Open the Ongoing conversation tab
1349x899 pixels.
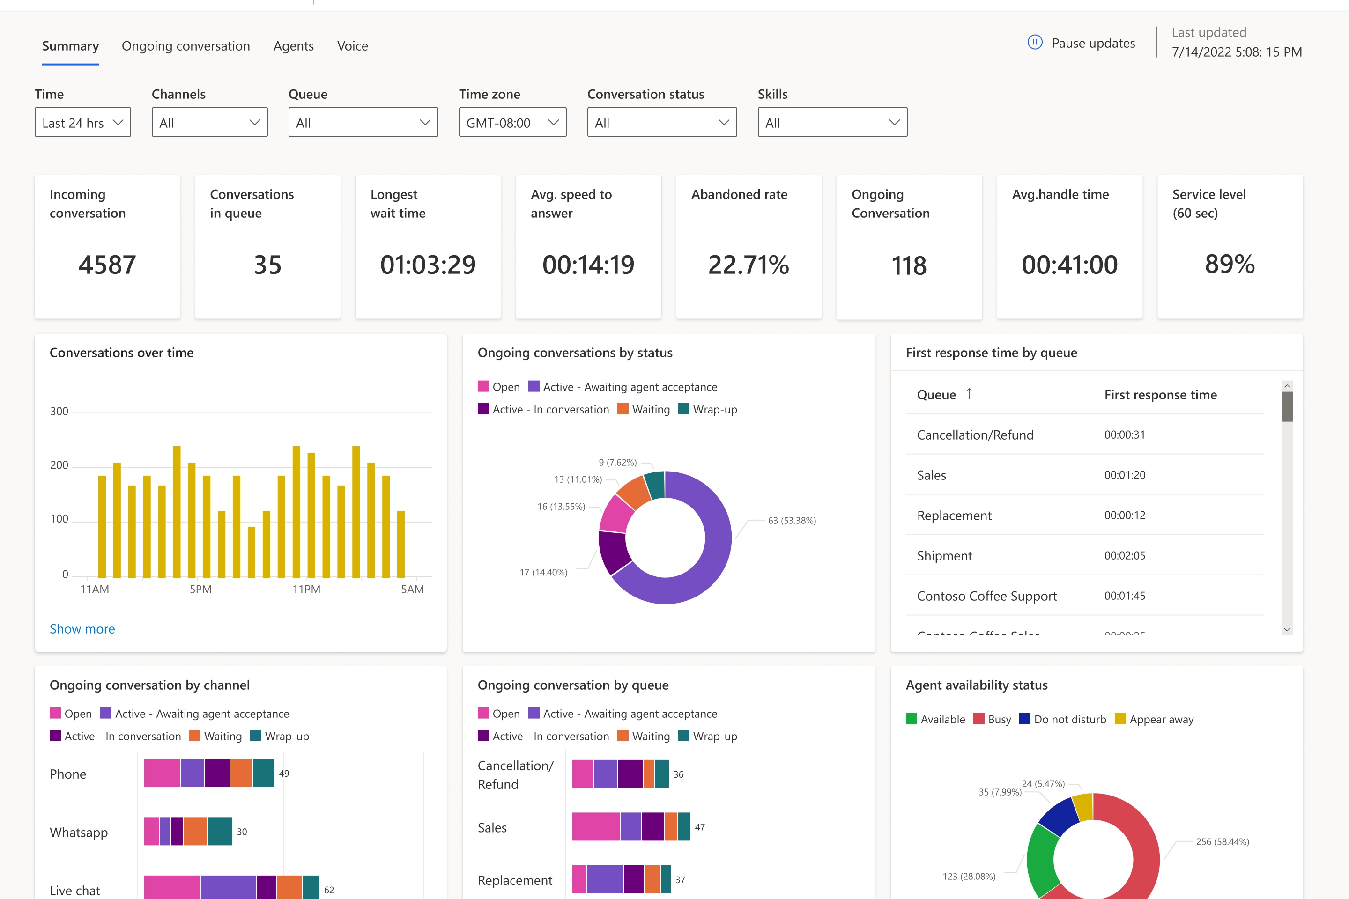pos(185,46)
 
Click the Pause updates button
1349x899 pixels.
pos(1081,43)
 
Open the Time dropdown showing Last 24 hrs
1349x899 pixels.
pos(82,122)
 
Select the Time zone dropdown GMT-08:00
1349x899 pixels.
pos(512,122)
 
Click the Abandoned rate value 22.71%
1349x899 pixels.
pos(749,265)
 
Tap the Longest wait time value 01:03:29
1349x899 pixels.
pos(428,265)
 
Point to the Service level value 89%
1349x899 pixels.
pos(1230,264)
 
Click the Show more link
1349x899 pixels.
pos(82,629)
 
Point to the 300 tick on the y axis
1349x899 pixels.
pos(59,411)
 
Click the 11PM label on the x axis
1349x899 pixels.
pos(306,590)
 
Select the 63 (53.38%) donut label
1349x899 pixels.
pos(792,521)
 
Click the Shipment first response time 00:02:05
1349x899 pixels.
pos(1124,556)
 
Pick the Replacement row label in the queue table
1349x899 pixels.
pos(954,516)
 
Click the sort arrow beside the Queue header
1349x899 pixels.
pos(969,394)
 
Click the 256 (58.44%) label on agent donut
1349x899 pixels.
pos(1222,842)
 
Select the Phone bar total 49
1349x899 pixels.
pos(284,774)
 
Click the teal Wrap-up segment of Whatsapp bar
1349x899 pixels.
pos(220,832)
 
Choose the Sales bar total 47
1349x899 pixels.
pos(700,827)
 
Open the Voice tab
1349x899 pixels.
pos(352,46)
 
